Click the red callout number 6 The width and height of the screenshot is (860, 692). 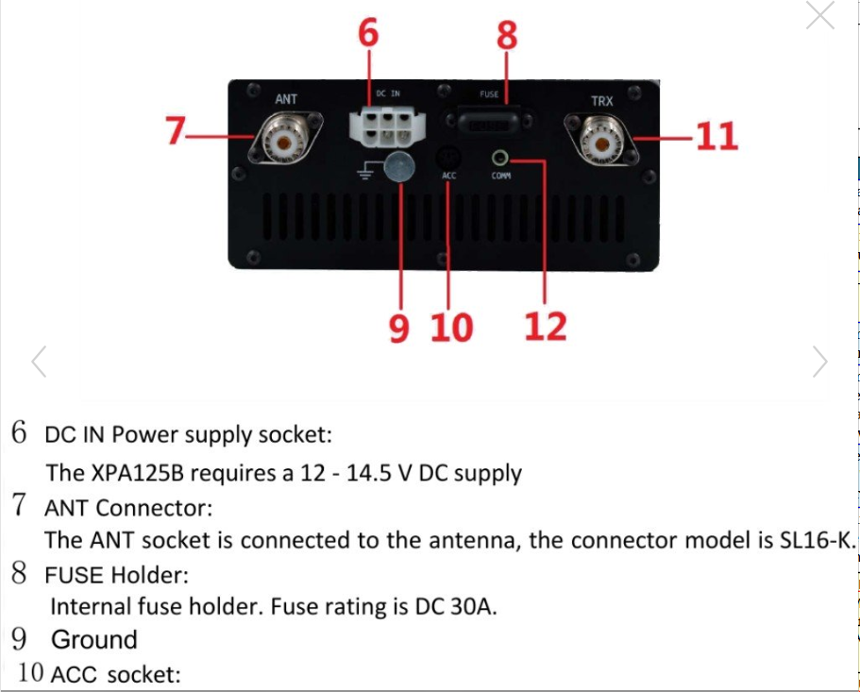click(368, 32)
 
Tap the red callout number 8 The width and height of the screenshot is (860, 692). click(507, 35)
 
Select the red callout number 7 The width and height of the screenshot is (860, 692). click(176, 130)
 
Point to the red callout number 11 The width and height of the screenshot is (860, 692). click(717, 136)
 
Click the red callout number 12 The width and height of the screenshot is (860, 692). click(546, 327)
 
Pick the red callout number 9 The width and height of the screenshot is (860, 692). click(399, 329)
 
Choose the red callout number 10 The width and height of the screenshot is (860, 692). click(452, 328)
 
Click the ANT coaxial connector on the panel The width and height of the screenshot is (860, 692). click(285, 140)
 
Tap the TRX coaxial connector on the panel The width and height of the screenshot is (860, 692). click(601, 140)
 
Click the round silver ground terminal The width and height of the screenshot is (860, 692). click(399, 167)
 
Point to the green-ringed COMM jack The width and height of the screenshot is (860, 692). click(499, 159)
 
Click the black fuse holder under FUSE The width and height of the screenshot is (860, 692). click(489, 121)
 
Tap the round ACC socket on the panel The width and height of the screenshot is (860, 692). click(448, 158)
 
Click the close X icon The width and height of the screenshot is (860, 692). click(820, 15)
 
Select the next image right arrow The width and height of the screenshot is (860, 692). click(820, 362)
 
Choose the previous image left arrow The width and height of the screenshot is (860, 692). click(39, 362)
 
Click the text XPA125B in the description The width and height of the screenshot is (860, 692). click(137, 473)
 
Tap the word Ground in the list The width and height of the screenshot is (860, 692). click(94, 639)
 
